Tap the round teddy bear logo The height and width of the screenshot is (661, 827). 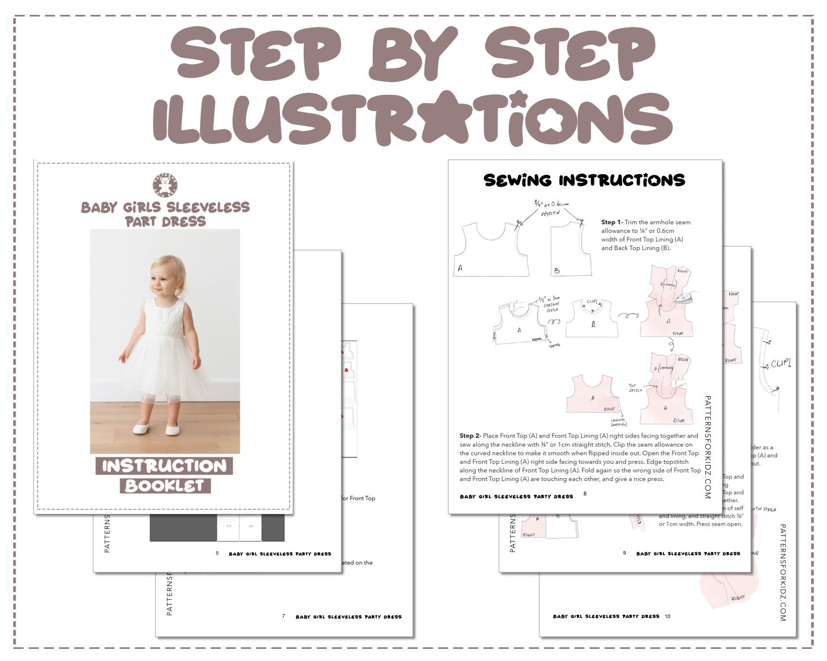pos(165,186)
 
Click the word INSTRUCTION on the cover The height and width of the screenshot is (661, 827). pos(164,466)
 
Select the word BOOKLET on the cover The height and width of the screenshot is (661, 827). pos(165,486)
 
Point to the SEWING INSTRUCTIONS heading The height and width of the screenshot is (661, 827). pos(584,180)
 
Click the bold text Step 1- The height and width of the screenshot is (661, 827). pos(611,223)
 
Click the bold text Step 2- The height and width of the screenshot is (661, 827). pos(470,436)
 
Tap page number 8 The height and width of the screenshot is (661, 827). pos(585,494)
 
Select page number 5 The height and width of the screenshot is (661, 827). pos(217,553)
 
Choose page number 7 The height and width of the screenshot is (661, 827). pos(283,616)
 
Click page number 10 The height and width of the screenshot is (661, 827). pos(668,616)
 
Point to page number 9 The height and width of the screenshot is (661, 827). pos(624,552)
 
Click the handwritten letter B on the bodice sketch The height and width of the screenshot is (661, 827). pos(557,270)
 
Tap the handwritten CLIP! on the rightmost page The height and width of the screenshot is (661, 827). pos(781,364)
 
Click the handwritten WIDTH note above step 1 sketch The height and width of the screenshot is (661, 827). pos(550,213)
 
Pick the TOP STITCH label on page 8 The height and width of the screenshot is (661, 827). pos(635,388)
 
